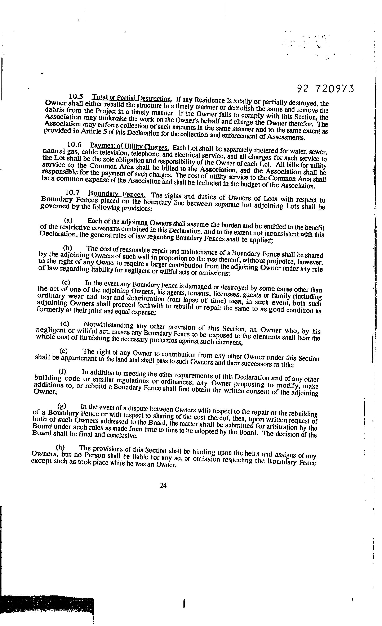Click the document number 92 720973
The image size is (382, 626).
point(325,89)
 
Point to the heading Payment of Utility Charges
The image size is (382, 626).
point(129,147)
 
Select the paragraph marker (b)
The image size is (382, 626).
point(67,248)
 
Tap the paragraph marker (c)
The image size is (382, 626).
point(66,282)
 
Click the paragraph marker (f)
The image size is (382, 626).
point(62,371)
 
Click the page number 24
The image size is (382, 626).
point(163,485)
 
